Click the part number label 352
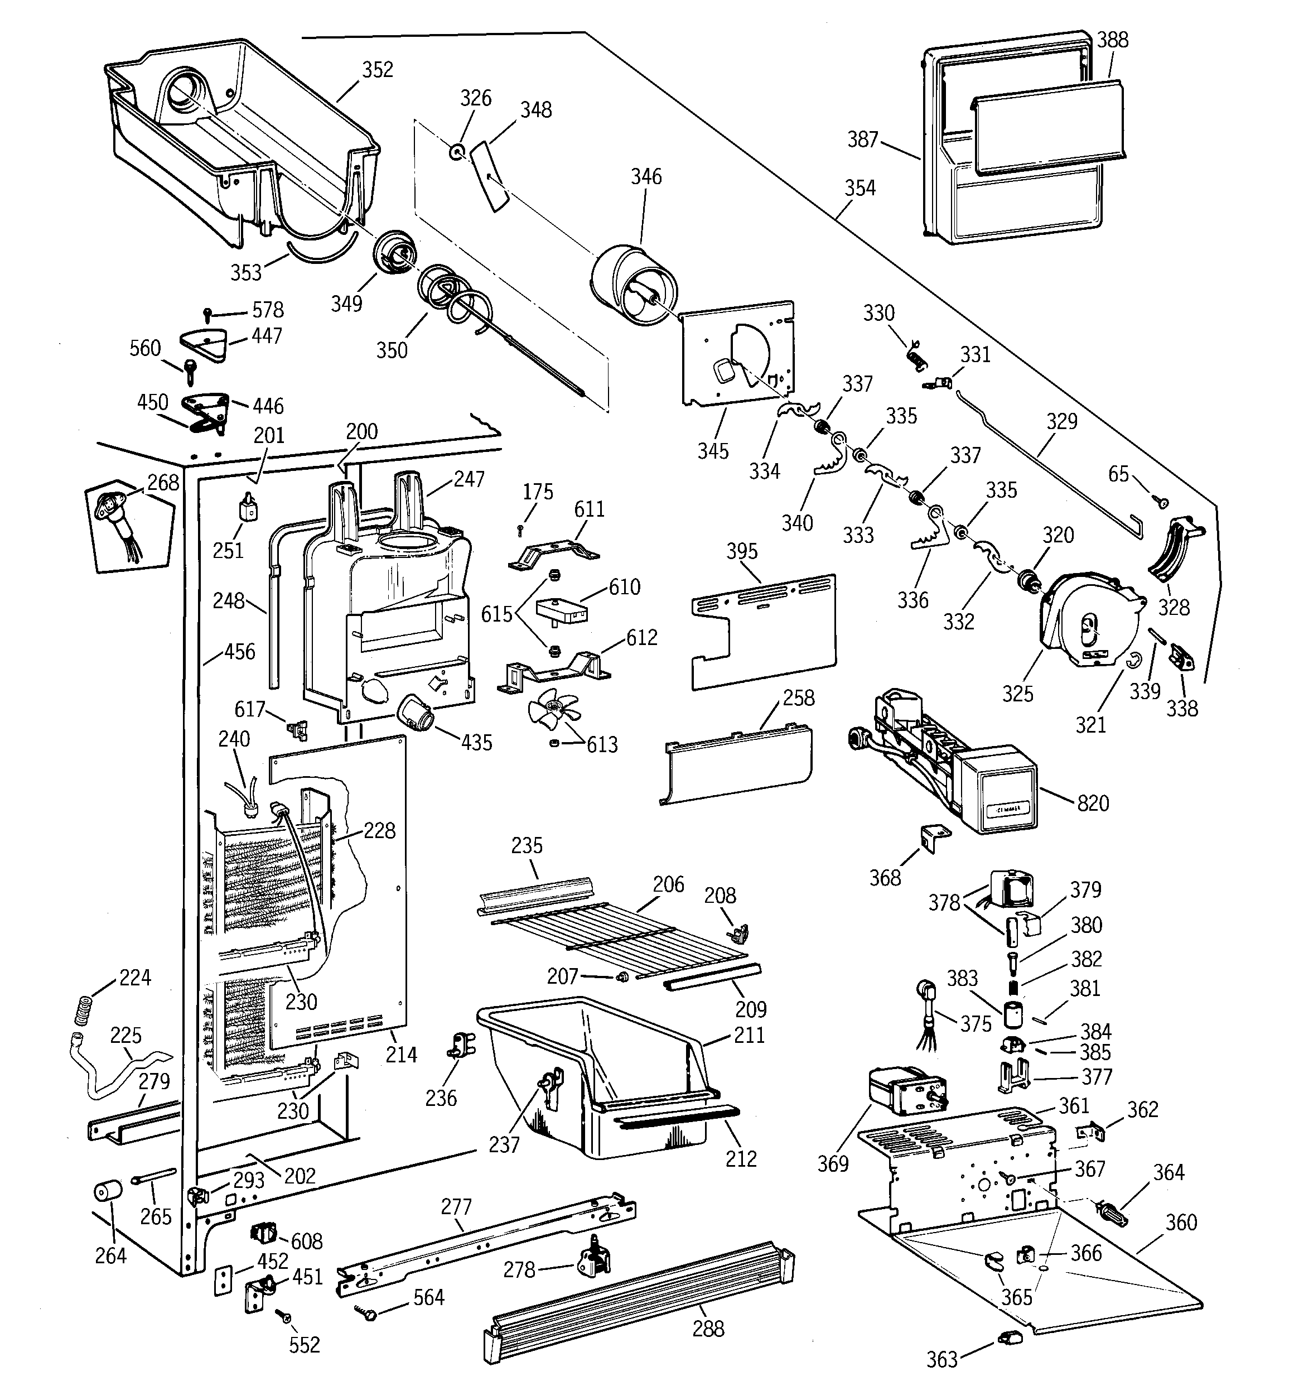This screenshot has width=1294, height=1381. tap(377, 69)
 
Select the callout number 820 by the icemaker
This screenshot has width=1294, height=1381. tap(1093, 803)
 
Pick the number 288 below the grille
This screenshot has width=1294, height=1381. tap(708, 1329)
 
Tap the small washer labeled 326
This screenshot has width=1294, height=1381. tap(456, 151)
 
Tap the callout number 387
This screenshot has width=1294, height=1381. tap(863, 139)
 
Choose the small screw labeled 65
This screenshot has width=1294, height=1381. tap(1161, 502)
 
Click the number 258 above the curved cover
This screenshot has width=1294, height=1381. tap(798, 697)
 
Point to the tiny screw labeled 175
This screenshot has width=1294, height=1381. tap(519, 530)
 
